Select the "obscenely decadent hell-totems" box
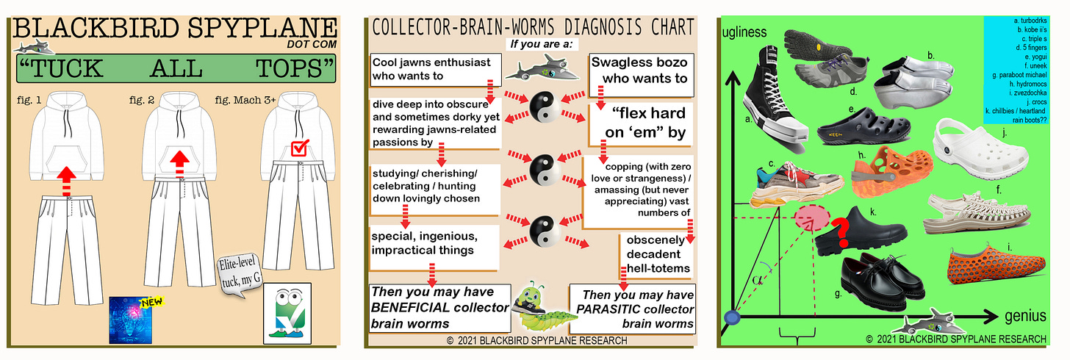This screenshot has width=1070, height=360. click(658, 254)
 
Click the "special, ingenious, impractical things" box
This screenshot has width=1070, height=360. click(434, 243)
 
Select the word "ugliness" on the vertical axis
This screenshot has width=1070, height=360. click(745, 32)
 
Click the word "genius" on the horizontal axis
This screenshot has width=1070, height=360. click(1024, 316)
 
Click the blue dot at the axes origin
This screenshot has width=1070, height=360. click(731, 317)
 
